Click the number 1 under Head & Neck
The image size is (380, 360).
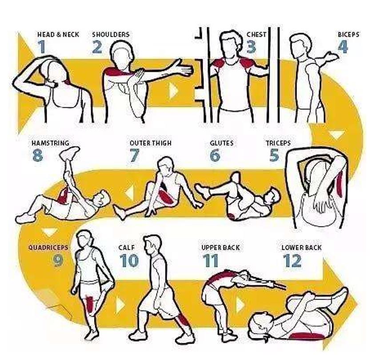(x=42, y=47)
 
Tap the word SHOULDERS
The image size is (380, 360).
(x=111, y=35)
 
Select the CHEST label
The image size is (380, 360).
(x=256, y=35)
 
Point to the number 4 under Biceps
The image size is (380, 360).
(x=343, y=47)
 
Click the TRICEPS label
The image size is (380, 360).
(x=278, y=143)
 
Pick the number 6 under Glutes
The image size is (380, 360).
(x=215, y=155)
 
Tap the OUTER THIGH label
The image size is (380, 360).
(x=151, y=143)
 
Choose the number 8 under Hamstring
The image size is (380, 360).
(x=38, y=155)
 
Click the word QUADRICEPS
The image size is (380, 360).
(x=48, y=248)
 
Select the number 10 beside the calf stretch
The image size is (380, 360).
(x=129, y=261)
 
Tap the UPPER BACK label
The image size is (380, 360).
(x=220, y=248)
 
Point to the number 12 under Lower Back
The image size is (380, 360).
(x=292, y=261)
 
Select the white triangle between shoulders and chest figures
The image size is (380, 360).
(x=173, y=91)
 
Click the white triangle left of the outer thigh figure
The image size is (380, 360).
(x=130, y=192)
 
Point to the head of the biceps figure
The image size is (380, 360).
(x=301, y=46)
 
